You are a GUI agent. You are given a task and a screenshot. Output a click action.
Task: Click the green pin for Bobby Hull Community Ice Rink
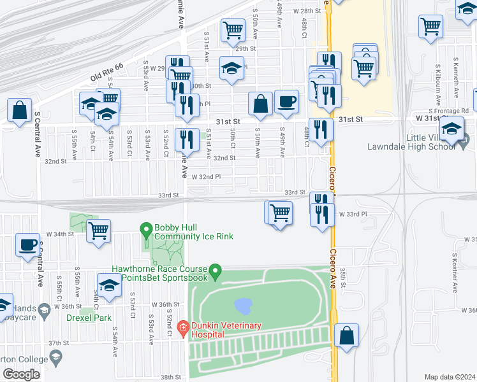pos(146,229)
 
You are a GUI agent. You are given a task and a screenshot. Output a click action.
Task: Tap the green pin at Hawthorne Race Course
pos(216,272)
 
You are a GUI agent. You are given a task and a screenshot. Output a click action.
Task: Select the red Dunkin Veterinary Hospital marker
pos(182,329)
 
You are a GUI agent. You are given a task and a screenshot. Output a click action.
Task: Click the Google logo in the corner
pos(21,374)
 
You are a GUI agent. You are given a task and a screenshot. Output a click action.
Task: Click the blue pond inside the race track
pos(242,307)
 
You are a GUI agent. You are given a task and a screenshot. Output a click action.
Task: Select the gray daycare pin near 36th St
pos(43,311)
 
